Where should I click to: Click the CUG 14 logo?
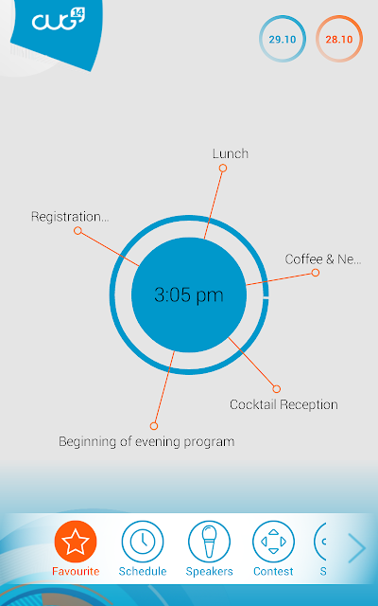point(58,20)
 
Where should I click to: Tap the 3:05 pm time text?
point(189,294)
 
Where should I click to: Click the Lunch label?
point(231,153)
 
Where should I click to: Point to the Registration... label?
point(70,217)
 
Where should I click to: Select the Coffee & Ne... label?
point(323,258)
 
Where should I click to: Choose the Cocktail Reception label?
point(283,404)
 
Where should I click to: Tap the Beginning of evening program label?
point(146,442)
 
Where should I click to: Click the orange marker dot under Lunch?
point(223,169)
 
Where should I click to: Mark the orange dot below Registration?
point(77,231)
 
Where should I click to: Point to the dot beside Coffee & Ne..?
point(315,273)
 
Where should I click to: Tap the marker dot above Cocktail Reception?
point(276,389)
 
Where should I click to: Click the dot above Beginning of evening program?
point(153,426)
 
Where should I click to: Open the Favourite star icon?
point(76,542)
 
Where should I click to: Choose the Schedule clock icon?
point(143,542)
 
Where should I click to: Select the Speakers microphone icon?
point(209,542)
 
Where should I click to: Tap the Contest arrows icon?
point(273,542)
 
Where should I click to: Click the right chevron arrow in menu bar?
point(357,548)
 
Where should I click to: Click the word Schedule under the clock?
point(143,571)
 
